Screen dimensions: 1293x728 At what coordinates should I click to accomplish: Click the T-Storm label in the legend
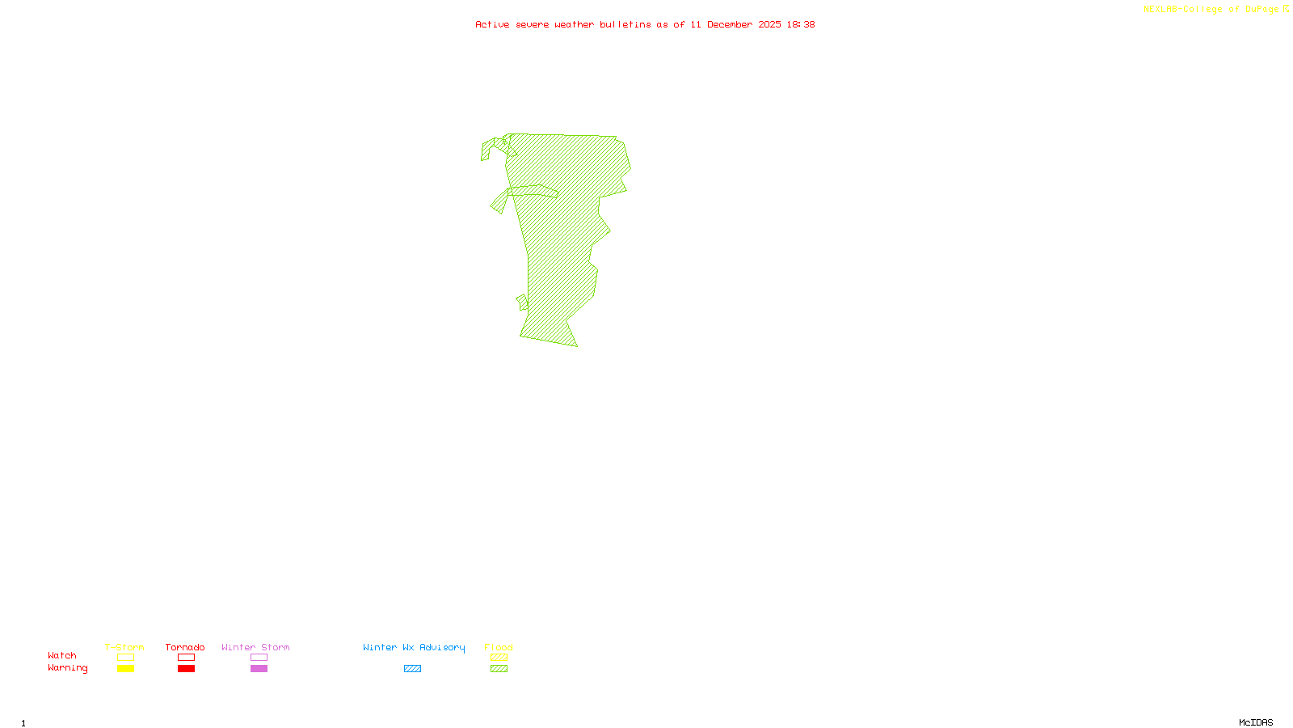[x=124, y=647]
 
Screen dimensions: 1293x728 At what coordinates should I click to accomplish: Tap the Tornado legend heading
[x=185, y=647]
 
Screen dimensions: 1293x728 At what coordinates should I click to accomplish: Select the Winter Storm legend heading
[x=255, y=647]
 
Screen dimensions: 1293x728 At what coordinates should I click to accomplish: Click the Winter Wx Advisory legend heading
[x=414, y=647]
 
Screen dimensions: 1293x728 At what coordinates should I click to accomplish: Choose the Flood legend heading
[x=499, y=647]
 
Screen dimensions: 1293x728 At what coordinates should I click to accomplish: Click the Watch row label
[x=62, y=655]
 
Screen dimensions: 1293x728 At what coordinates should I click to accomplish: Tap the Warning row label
[x=68, y=668]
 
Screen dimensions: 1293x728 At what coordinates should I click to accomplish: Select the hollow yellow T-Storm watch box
[x=125, y=658]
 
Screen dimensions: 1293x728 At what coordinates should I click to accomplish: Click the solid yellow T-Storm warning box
[x=125, y=669]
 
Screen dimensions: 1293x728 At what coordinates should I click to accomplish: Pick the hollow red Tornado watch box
[x=186, y=658]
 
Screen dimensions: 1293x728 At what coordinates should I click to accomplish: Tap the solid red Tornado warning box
[x=186, y=669]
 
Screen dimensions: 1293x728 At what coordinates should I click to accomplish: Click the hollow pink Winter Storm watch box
[x=259, y=658]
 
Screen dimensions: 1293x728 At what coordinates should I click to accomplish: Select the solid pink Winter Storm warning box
[x=259, y=669]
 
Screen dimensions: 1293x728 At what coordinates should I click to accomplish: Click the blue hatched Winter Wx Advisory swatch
[x=412, y=669]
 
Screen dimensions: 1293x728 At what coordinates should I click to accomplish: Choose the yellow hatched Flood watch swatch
[x=499, y=658]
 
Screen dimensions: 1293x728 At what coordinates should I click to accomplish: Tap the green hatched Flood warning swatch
[x=499, y=669]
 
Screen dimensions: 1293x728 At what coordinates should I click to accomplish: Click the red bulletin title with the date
[x=645, y=24]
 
